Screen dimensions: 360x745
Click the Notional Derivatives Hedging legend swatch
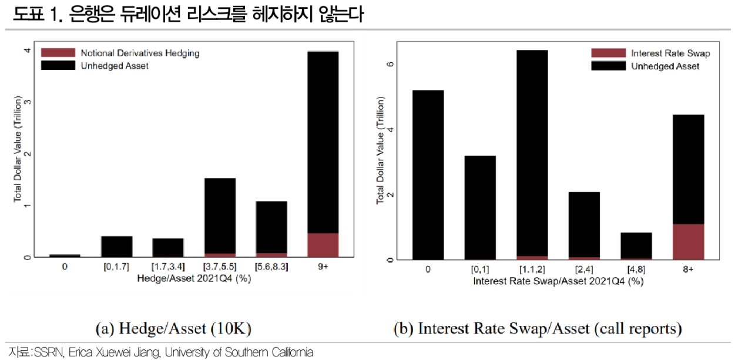[x=58, y=53]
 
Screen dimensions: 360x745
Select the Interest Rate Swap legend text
[x=670, y=53]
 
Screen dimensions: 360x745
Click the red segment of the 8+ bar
[x=687, y=241]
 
